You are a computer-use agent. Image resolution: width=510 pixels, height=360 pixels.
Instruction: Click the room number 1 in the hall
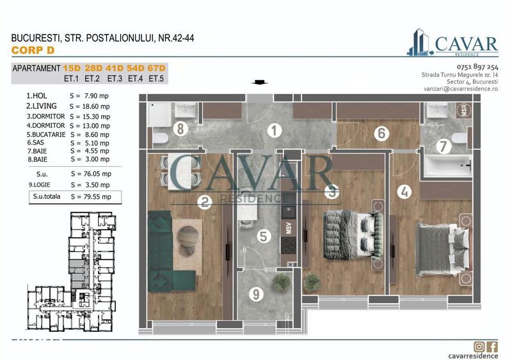275,132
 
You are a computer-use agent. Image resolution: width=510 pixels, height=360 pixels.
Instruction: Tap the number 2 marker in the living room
205,203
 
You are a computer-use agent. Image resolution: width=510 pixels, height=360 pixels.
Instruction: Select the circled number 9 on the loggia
255,294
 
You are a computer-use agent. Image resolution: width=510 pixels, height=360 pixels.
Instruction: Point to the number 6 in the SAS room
381,134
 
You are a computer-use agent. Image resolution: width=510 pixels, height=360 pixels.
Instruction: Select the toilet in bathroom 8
160,137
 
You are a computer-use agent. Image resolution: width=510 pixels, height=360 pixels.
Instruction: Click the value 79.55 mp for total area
90,197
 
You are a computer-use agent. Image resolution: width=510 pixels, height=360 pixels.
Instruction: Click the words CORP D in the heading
29,50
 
